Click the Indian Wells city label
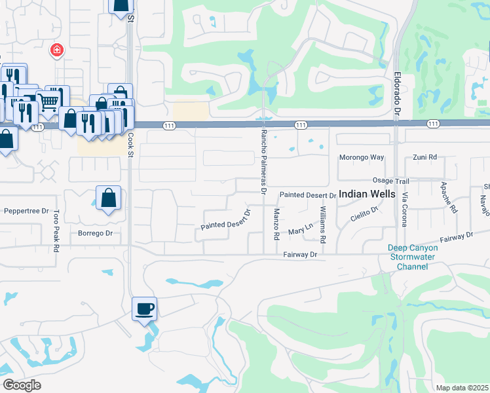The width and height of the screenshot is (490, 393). [x=367, y=195]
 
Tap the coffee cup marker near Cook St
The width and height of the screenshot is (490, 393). [x=144, y=309]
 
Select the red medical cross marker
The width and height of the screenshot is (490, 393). [x=57, y=50]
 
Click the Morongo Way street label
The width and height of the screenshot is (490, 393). [x=361, y=158]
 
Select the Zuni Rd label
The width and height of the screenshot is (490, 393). [x=424, y=158]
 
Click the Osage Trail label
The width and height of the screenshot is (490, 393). [x=390, y=181]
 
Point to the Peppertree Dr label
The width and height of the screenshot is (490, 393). [x=27, y=211]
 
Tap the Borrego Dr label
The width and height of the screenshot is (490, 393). [x=96, y=233]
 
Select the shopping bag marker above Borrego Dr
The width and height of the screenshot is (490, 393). [x=108, y=198]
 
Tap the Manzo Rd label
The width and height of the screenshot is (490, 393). [x=276, y=224]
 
